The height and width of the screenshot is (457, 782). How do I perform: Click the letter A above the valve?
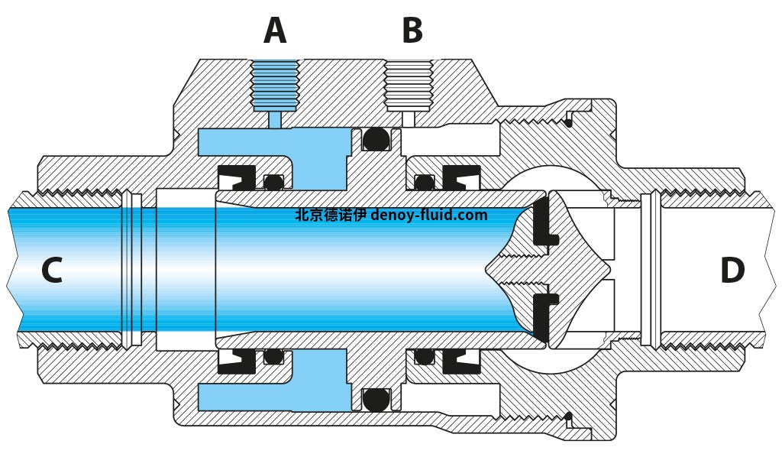[275, 31]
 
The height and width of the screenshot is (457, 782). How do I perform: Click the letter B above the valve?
[412, 31]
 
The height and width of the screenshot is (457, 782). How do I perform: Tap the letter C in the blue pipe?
[51, 271]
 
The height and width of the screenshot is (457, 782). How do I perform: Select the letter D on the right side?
[732, 271]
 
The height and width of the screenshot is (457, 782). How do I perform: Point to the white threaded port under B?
[408, 86]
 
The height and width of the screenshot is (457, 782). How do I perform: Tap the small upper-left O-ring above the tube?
[271, 182]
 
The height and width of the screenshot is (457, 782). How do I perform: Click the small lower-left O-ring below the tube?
[271, 356]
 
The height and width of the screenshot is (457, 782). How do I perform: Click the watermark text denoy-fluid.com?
[428, 216]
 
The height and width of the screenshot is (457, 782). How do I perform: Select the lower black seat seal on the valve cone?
[544, 314]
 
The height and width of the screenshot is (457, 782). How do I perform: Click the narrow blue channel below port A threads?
[275, 119]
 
